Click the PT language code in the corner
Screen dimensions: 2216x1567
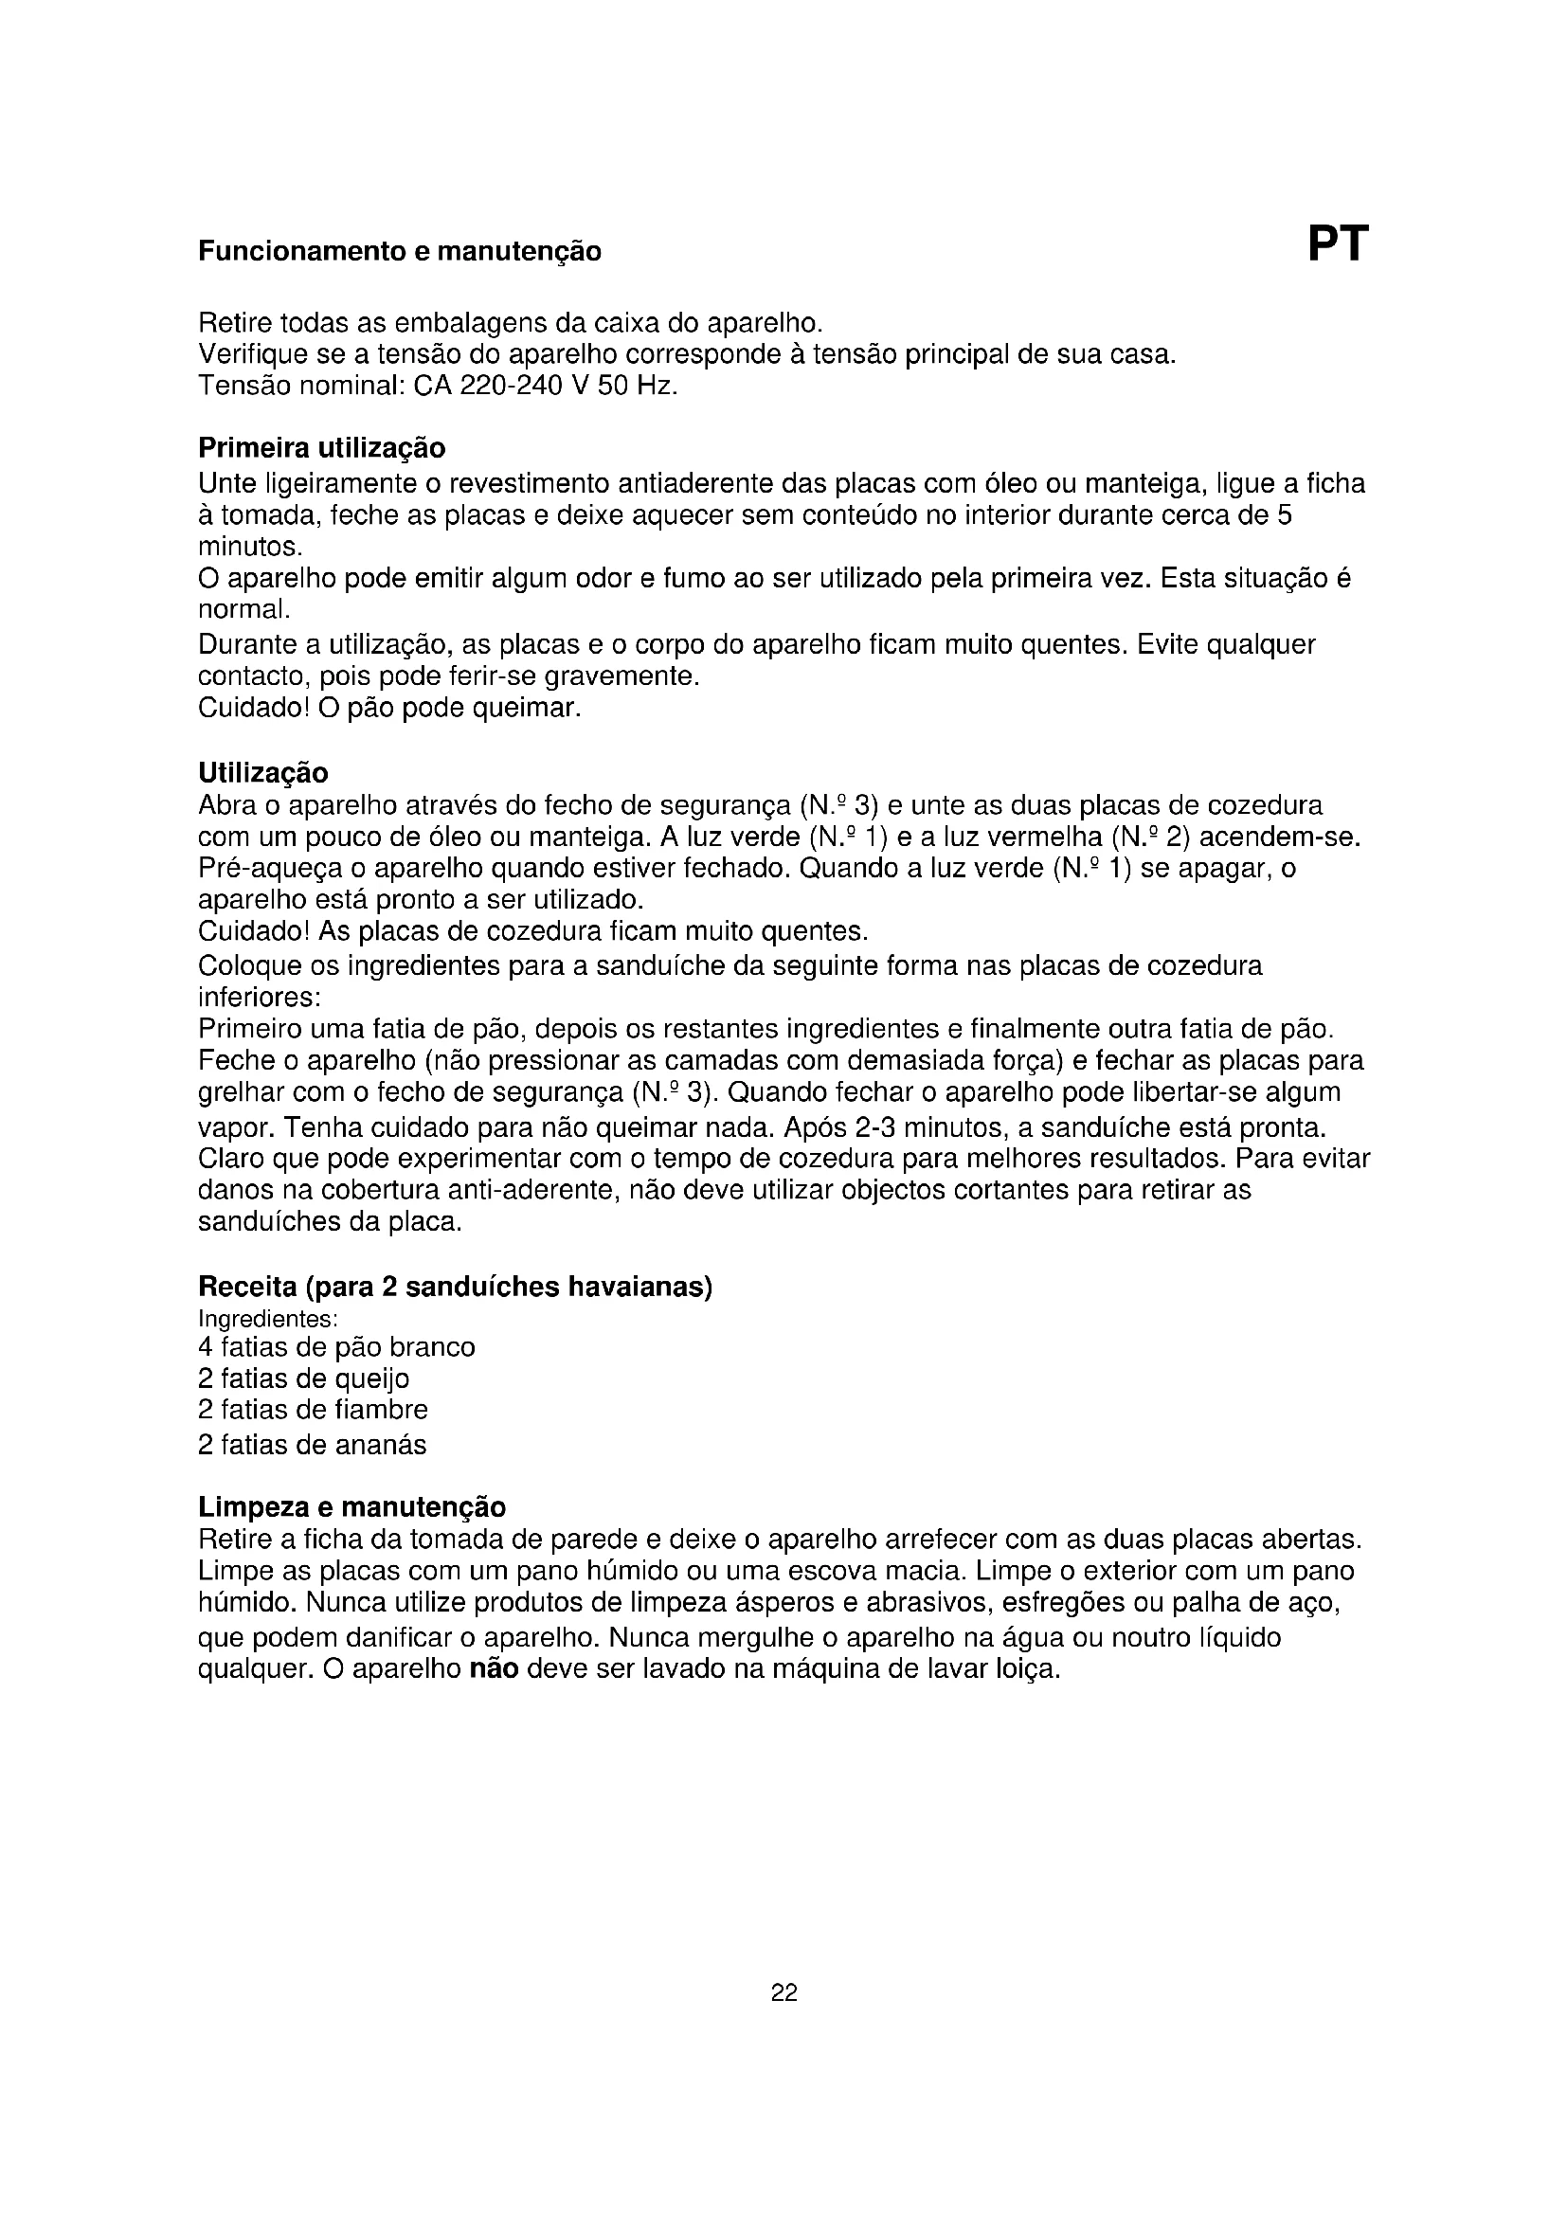(x=1338, y=244)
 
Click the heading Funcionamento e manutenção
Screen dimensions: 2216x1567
(x=400, y=252)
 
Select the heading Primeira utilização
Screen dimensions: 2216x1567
(x=321, y=449)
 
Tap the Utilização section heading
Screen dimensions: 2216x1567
(x=262, y=773)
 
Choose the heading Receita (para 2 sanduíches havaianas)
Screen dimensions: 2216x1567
(x=455, y=1287)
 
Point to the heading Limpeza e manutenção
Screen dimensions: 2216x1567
(x=351, y=1506)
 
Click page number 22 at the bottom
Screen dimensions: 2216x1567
(x=783, y=1992)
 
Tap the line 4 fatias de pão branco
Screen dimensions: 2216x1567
(x=335, y=1347)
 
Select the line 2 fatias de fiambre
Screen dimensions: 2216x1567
(x=313, y=1410)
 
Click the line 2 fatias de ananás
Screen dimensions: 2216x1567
(x=312, y=1445)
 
